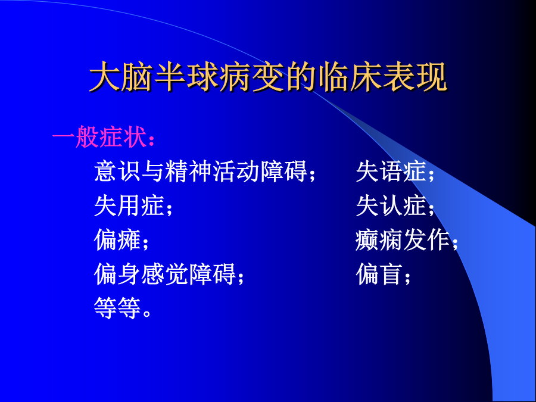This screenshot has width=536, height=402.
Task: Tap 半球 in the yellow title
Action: [x=186, y=77]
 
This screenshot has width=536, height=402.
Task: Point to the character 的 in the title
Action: [x=301, y=77]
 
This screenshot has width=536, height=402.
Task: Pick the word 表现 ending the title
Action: [x=415, y=77]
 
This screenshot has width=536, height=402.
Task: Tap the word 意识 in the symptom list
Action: [x=117, y=171]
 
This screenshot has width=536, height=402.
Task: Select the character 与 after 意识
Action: [x=153, y=171]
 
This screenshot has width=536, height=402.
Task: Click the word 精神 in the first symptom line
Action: [x=189, y=171]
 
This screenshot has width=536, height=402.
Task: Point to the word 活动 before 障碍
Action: [x=236, y=171]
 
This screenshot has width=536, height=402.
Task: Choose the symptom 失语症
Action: [x=391, y=171]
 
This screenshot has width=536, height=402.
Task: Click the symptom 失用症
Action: [x=129, y=206]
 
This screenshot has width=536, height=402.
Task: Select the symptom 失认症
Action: [x=391, y=206]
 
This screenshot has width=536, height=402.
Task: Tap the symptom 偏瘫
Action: [x=117, y=240]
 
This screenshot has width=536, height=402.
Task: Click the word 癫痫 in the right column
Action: [x=379, y=240]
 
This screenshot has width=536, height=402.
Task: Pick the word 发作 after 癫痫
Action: [x=426, y=240]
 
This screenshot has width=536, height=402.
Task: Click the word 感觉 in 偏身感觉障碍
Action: [x=165, y=274]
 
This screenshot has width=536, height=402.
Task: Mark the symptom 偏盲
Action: [x=379, y=274]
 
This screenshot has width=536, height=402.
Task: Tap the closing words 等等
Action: [x=117, y=308]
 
